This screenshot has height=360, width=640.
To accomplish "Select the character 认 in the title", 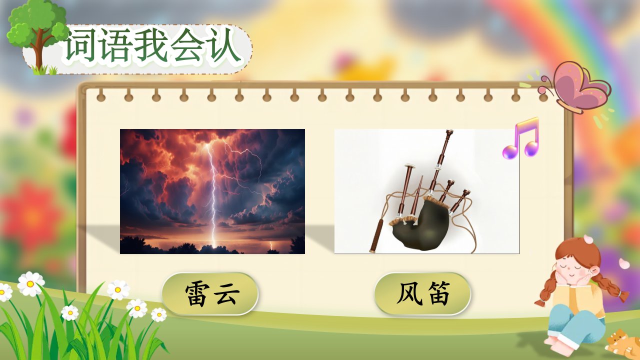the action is [x=223, y=45].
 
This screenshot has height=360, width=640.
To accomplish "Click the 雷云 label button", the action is [x=210, y=293].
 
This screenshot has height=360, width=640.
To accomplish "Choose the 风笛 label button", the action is [x=423, y=293].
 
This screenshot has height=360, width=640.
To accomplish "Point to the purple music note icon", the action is [x=521, y=137].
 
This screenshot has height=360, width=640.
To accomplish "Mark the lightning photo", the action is [x=212, y=191].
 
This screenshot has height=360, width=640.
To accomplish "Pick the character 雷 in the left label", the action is [x=197, y=294].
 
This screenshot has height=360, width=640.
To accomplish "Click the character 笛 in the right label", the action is [x=437, y=293].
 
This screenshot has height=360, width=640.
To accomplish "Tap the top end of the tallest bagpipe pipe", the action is [x=449, y=131].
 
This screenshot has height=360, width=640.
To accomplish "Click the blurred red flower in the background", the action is [x=31, y=214].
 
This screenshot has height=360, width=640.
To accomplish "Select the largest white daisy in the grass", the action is [x=31, y=283].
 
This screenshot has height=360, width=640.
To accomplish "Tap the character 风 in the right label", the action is [x=409, y=293].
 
